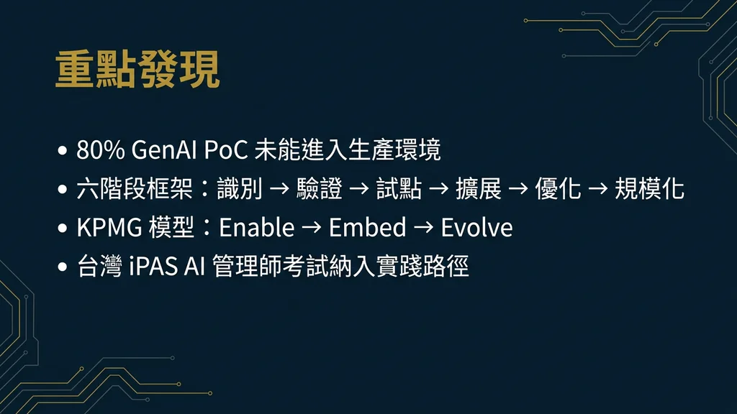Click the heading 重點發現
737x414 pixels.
coord(137,70)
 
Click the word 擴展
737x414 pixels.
coord(478,189)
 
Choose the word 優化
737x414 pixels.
coord(558,189)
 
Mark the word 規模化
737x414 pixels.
coord(649,189)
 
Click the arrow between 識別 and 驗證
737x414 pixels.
coord(279,190)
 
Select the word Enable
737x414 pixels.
coord(257,228)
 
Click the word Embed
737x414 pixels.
coord(367,228)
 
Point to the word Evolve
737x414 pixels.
coord(476,228)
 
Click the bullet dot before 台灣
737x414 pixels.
coord(63,267)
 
